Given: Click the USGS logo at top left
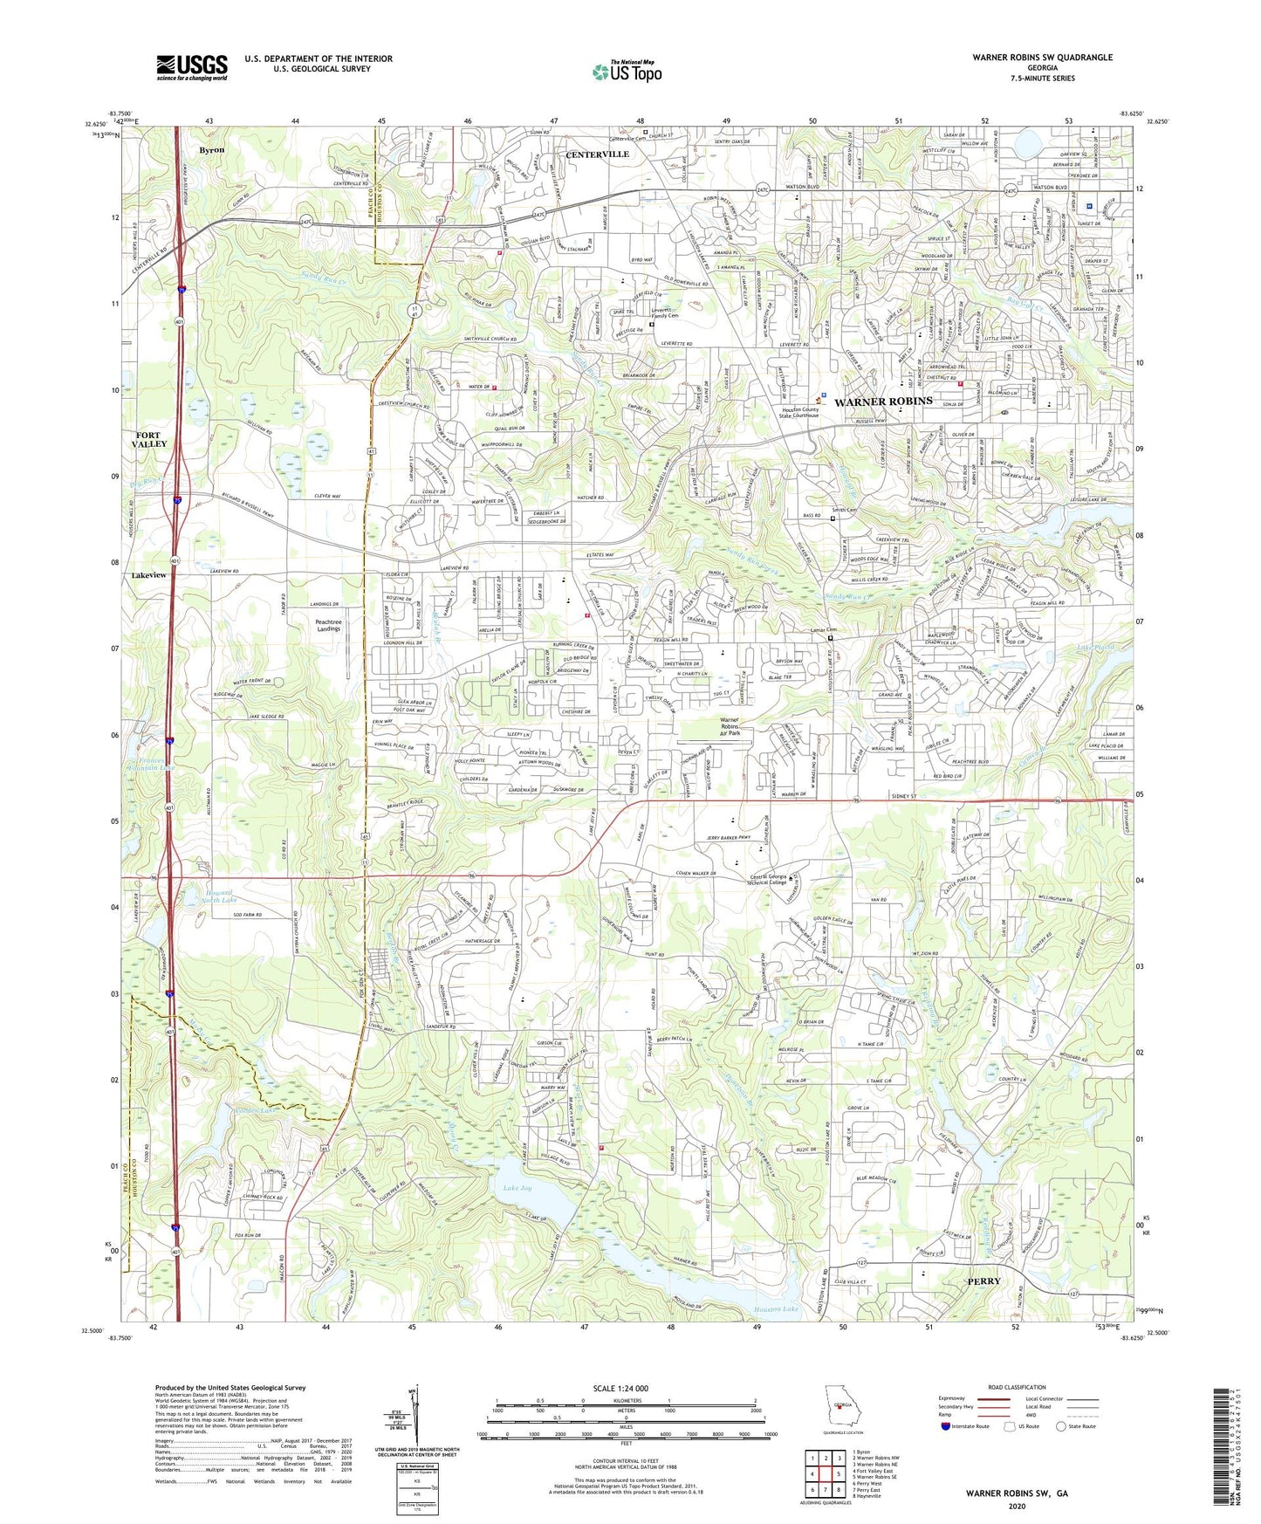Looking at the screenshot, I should pos(191,67).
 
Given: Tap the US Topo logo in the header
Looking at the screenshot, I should pos(627,72).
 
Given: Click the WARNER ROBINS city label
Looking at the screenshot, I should pos(883,402).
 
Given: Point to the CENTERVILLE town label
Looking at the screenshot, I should pos(597,154).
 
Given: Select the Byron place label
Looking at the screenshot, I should pos(211,150).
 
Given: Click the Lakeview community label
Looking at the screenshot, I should pos(148,576).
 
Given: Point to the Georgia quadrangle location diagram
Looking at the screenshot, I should pos(842,1408).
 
